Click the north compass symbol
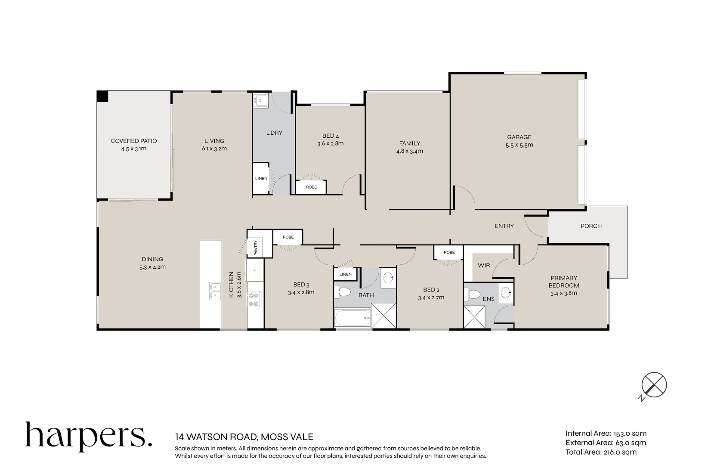tap(653, 385)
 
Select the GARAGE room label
tap(519, 137)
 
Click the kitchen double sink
tap(215, 291)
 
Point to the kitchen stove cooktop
tap(254, 300)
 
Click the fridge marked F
tap(255, 270)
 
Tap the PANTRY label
tap(255, 248)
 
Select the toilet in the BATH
tap(344, 293)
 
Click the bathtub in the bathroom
tap(352, 319)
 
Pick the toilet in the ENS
tap(473, 295)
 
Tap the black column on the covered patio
tap(102, 96)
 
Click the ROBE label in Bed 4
tap(311, 187)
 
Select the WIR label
tap(484, 265)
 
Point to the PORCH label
tap(591, 226)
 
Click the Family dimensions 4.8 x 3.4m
tap(409, 151)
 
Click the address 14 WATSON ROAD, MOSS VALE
tap(244, 437)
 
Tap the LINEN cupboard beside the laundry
tap(261, 178)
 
